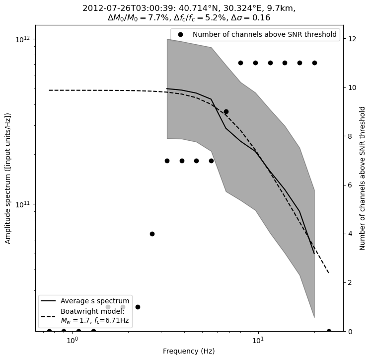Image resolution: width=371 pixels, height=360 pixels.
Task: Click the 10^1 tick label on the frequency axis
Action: tap(258, 340)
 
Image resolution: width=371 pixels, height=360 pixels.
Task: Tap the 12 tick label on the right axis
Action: tap(351, 39)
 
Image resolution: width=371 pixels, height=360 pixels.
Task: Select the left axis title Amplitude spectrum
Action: tap(8, 178)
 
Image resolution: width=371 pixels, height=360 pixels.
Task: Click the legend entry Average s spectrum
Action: tap(95, 301)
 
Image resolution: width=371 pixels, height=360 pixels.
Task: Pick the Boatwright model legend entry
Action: tap(94, 316)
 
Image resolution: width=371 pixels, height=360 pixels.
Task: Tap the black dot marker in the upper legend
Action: tap(181, 35)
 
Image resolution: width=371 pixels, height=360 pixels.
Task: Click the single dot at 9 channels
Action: tap(226, 112)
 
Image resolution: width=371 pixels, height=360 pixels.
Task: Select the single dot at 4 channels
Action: tap(152, 234)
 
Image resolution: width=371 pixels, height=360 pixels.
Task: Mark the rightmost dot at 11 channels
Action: tap(314, 63)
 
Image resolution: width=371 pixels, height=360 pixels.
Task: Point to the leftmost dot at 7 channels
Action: tap(167, 161)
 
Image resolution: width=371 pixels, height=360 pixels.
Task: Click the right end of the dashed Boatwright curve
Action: tap(329, 273)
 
